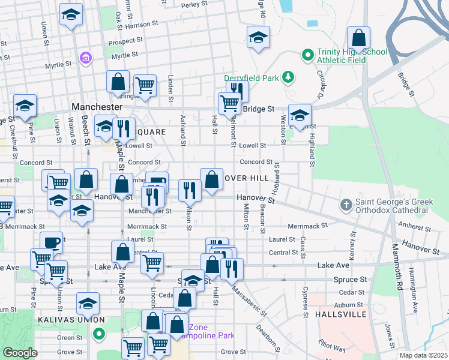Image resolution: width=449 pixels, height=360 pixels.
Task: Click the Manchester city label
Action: click(x=97, y=106)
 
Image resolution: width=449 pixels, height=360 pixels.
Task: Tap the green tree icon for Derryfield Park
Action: click(x=289, y=77)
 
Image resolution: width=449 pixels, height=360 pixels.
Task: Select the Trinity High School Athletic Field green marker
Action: click(x=308, y=56)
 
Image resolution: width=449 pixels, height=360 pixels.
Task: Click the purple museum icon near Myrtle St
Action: click(x=86, y=58)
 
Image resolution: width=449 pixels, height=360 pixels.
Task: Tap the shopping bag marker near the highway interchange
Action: click(x=358, y=38)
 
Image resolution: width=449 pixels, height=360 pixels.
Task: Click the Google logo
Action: click(x=20, y=353)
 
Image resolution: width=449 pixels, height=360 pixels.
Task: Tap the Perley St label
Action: click(x=194, y=5)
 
